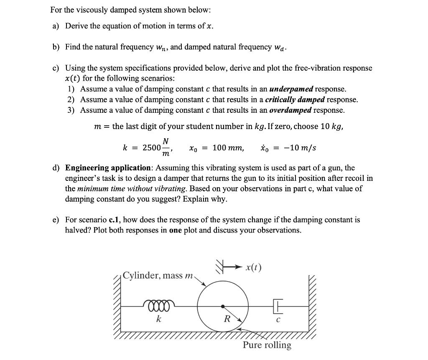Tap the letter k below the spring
point(158,319)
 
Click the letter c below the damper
point(278,320)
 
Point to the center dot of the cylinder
point(222,306)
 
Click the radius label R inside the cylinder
point(227,319)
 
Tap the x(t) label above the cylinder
point(252,268)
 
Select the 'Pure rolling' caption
point(267,345)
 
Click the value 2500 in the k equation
point(151,148)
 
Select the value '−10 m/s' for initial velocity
point(300,148)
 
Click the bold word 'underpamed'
point(291,89)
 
